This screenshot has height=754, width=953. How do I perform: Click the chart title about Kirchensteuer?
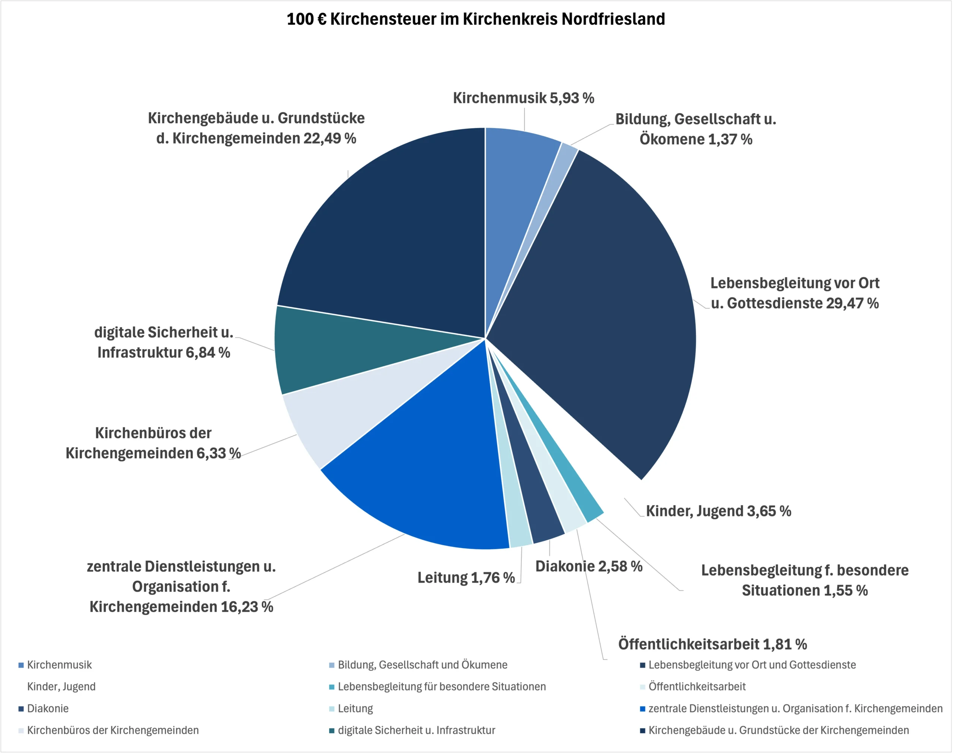tap(476, 19)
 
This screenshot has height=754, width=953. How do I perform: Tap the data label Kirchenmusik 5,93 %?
tap(523, 98)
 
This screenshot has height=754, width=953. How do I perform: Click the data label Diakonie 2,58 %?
tap(589, 566)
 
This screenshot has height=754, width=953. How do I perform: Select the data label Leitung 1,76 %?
tap(466, 578)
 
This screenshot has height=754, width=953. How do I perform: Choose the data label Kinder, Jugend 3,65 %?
tap(718, 511)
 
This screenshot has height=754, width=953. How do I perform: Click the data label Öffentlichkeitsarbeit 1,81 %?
tap(713, 645)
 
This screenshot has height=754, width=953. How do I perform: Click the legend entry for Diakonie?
tap(48, 709)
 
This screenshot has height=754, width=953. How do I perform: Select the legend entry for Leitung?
tap(356, 709)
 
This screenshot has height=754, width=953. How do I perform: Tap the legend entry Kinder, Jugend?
tap(61, 687)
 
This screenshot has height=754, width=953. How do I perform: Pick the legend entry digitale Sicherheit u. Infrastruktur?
tap(416, 731)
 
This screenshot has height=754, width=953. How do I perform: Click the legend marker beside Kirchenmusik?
tap(21, 665)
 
